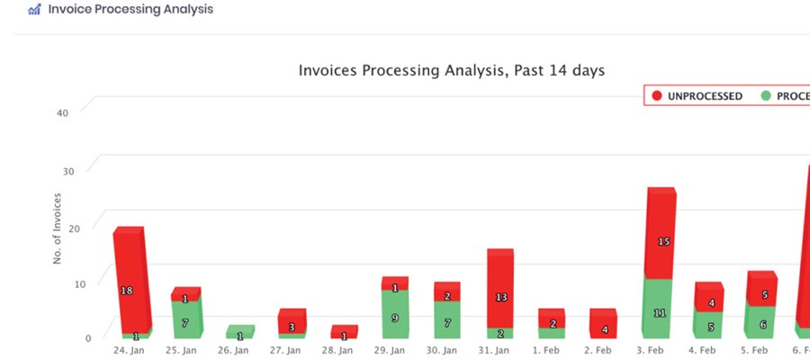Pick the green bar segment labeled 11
(658, 310)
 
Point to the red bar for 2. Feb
(603, 324)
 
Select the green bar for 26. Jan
(239, 333)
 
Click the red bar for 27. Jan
(292, 322)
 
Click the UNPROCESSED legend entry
(697, 95)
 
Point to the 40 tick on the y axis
(62, 113)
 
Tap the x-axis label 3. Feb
(658, 350)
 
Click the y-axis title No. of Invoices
(57, 228)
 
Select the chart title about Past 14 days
(451, 70)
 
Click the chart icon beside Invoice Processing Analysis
(34, 10)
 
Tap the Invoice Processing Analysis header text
(131, 10)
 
